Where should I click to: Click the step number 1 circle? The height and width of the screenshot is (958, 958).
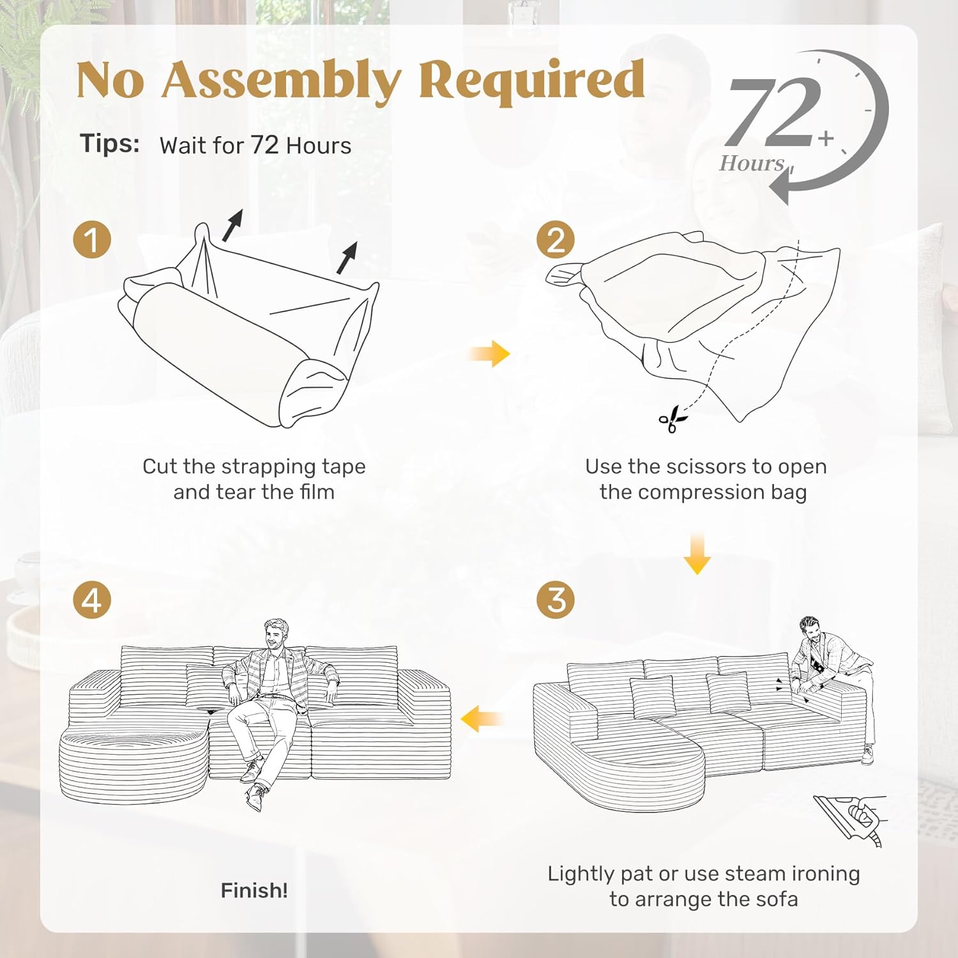[x=93, y=240]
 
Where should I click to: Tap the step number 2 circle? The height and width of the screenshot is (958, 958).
[x=556, y=240]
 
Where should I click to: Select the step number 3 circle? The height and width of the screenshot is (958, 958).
[x=556, y=600]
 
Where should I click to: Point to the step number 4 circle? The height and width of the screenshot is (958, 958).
[x=93, y=600]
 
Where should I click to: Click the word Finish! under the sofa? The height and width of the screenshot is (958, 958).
[x=254, y=890]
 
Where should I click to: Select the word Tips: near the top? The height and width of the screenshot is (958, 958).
[x=110, y=143]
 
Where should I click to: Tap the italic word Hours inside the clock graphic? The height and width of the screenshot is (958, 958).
[x=752, y=163]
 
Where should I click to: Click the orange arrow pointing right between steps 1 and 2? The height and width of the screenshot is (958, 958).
[x=489, y=353]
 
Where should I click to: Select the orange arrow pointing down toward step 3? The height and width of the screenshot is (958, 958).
[x=697, y=553]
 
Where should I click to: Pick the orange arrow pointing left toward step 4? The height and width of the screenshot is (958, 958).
[x=481, y=719]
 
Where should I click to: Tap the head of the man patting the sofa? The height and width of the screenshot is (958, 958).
[x=811, y=631]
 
